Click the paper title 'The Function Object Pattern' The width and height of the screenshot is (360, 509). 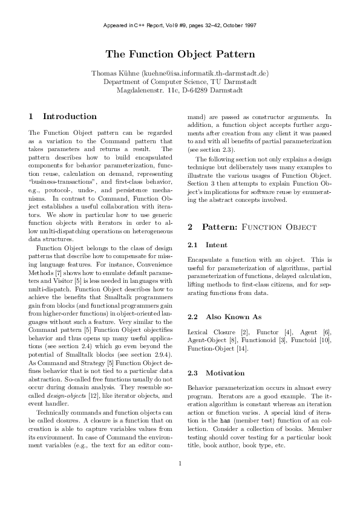click(180, 54)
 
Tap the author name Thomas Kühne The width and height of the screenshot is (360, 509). click(115, 73)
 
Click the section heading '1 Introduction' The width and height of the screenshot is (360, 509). click(63, 116)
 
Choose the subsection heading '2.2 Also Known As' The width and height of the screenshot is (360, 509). click(224, 316)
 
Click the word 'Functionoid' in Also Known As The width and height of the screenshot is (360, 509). click(256, 340)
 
